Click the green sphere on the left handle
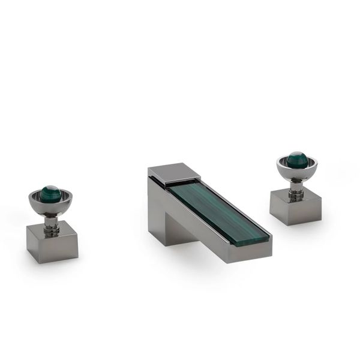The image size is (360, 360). (x=50, y=194)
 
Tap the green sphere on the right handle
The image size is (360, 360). (x=296, y=159)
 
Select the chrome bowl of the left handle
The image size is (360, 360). (x=50, y=208)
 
